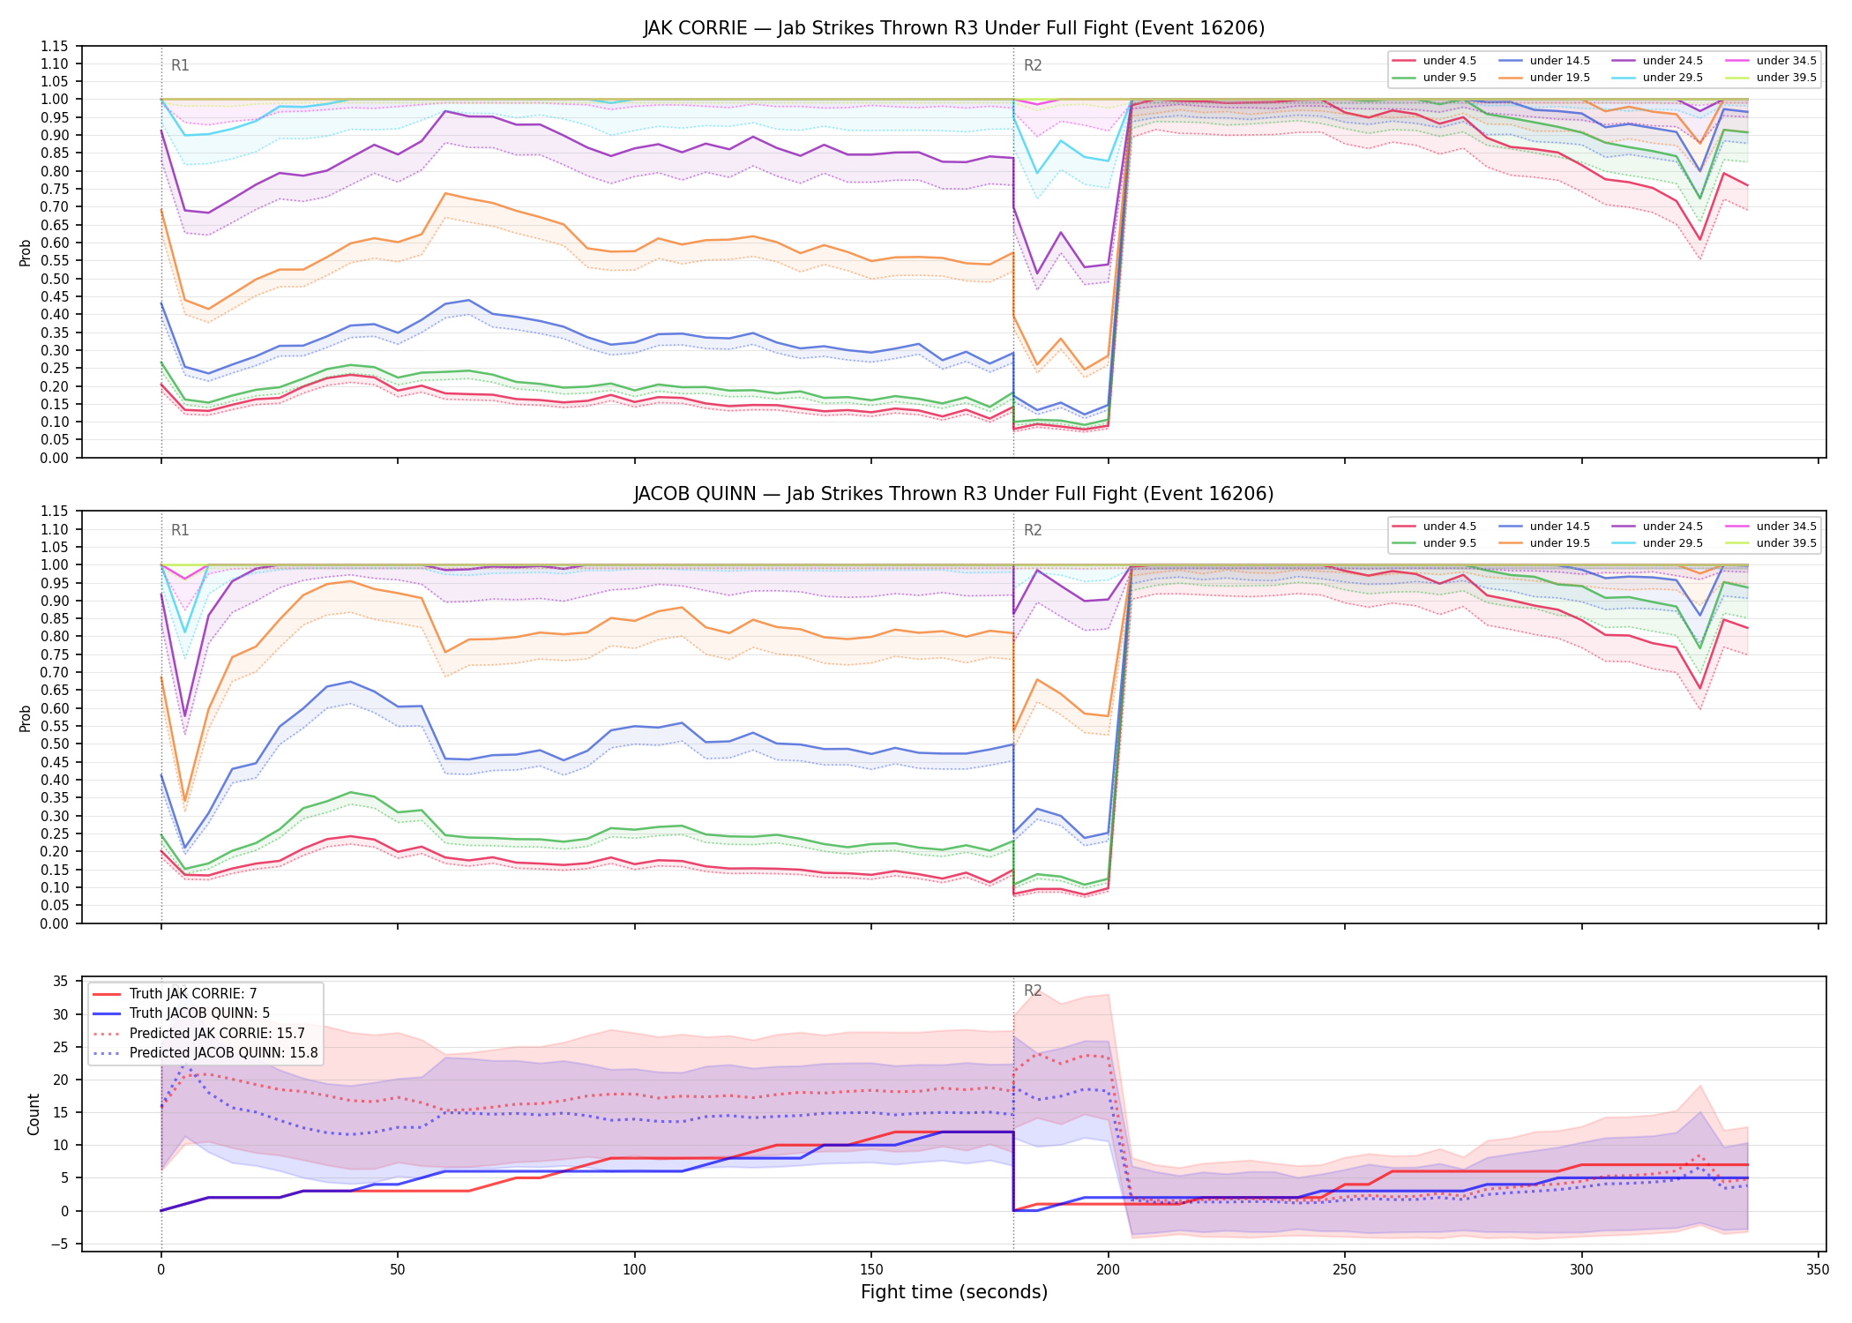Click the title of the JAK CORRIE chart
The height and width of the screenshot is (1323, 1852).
coord(953,28)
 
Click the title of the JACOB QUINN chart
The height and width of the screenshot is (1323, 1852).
coord(953,494)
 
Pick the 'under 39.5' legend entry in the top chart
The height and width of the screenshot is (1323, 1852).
coord(1771,78)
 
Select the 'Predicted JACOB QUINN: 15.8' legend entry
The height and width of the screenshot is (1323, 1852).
coord(205,1053)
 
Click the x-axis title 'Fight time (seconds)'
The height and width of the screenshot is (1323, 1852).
coord(953,1292)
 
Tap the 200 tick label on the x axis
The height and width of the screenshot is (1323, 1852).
coord(1108,1270)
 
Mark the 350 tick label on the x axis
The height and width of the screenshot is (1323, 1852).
coord(1818,1270)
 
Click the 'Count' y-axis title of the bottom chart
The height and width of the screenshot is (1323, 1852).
coord(34,1114)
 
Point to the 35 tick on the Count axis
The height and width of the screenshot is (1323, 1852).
coord(61,982)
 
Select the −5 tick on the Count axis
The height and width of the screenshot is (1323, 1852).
coord(61,1245)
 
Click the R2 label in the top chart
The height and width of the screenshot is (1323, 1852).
coord(1033,65)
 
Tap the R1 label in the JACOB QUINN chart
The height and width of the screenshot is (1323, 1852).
coord(180,530)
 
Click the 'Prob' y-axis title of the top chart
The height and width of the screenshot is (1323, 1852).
coord(26,252)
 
